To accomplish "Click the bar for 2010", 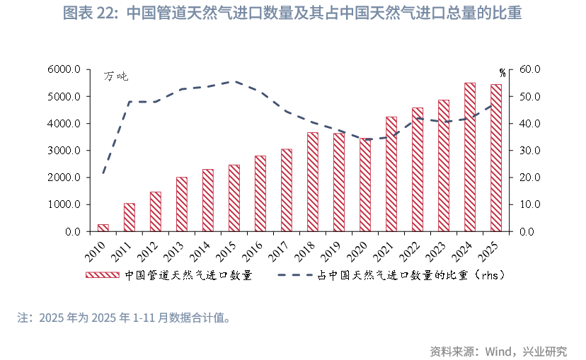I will click(x=103, y=228).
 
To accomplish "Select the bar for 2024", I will click(x=470, y=157).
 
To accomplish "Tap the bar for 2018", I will click(x=313, y=182).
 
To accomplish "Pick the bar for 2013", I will click(x=182, y=204).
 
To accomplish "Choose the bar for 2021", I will click(x=391, y=174).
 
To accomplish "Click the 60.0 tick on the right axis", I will click(x=530, y=69).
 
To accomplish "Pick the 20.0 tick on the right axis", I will click(x=530, y=178).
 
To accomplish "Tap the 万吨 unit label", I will click(x=117, y=76).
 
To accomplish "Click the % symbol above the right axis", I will click(x=502, y=73).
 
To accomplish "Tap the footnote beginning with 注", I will click(x=125, y=318).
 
